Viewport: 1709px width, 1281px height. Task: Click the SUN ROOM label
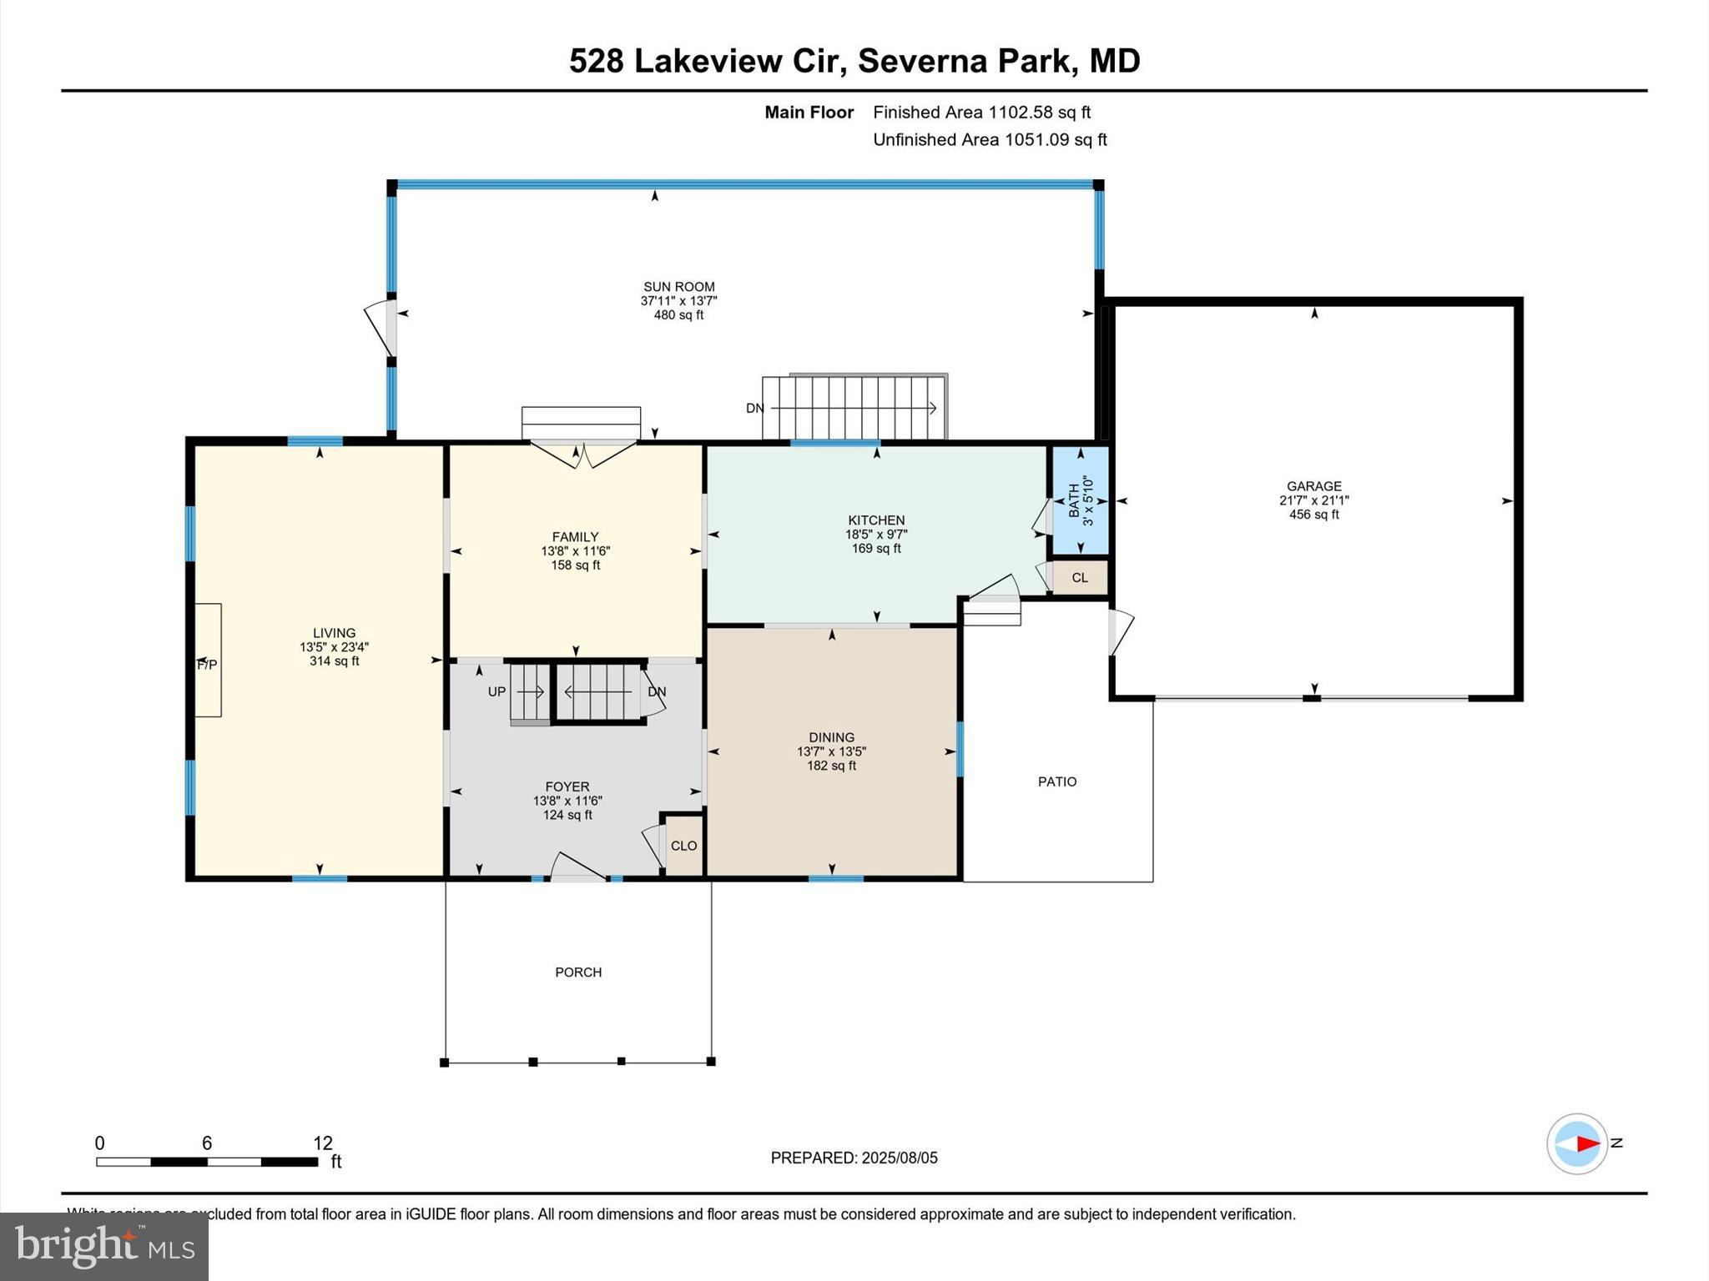[678, 287]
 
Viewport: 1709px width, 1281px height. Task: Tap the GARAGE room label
[1313, 486]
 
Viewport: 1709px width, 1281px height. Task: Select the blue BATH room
[1080, 500]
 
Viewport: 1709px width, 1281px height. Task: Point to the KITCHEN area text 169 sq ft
[876, 549]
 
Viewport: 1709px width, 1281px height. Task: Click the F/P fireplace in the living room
[208, 664]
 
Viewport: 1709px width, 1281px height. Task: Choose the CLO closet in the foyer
[683, 846]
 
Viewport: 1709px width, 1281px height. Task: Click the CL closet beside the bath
[1080, 578]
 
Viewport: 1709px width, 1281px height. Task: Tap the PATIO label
[1057, 781]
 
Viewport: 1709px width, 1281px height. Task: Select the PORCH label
[578, 972]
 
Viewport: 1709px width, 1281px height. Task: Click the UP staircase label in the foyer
[497, 692]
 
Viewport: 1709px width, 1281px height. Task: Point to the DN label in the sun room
[754, 409]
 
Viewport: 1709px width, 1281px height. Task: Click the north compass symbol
[1577, 1143]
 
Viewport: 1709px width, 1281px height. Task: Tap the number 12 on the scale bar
[323, 1143]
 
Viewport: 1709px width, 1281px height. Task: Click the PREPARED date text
[854, 1158]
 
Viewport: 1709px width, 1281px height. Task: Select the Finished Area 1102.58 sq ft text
[981, 113]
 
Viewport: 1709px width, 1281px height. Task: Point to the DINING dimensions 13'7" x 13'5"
[831, 751]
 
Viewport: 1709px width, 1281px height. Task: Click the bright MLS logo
[104, 1247]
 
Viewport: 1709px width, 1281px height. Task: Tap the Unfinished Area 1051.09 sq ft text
[990, 140]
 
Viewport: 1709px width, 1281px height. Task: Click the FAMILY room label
[575, 537]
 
